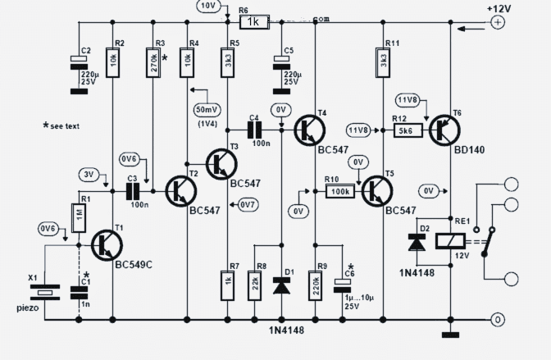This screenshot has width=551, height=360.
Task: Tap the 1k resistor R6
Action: (255, 22)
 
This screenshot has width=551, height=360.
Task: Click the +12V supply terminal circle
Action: (497, 23)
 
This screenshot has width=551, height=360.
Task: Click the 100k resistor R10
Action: (338, 191)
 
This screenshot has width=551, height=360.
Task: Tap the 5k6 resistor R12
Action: (408, 129)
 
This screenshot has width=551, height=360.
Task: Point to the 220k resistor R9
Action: (315, 283)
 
